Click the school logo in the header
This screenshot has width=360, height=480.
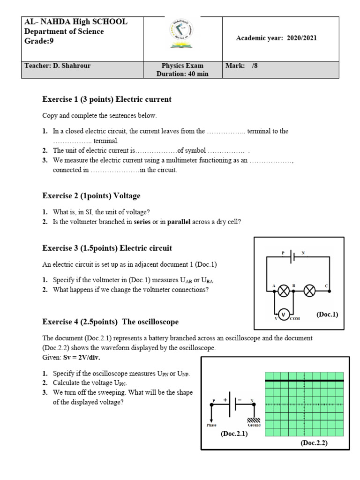(182, 36)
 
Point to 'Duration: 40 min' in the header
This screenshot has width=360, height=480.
(182, 74)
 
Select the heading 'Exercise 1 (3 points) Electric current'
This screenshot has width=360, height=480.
(107, 99)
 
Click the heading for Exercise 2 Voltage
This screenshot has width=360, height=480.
(91, 196)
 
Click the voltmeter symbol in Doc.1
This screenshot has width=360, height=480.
(283, 314)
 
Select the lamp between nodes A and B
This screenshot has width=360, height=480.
(283, 291)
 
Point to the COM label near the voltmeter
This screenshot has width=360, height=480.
(294, 319)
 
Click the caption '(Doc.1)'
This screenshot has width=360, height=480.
(327, 314)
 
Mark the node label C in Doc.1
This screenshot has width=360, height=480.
(326, 285)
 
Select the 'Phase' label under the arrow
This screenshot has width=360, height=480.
(212, 425)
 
